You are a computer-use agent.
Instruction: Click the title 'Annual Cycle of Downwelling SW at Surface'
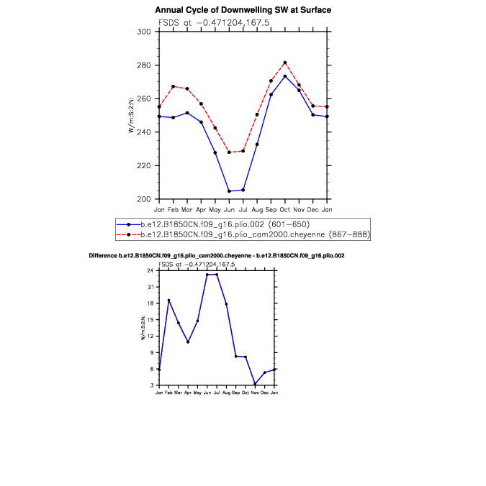[243, 10]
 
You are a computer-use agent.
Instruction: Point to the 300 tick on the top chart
[144, 32]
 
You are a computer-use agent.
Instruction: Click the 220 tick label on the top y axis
[144, 166]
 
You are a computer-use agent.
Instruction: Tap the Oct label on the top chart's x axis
[284, 209]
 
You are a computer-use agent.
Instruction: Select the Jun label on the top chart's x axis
[229, 209]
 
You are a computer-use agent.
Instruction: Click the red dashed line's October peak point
[285, 63]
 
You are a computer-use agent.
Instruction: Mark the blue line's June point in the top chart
[229, 191]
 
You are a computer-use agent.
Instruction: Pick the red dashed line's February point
[173, 86]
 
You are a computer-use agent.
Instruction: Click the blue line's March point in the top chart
[187, 113]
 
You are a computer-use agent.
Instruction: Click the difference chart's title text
[217, 256]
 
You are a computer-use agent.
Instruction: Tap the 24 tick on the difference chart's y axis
[151, 270]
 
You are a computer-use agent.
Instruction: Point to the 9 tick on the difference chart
[152, 352]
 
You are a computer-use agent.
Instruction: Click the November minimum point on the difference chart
[255, 385]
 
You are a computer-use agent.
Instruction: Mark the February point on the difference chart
[168, 301]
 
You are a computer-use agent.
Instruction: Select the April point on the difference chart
[188, 341]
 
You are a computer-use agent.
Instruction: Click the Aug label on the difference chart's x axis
[226, 393]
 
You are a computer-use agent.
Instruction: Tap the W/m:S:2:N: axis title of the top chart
[132, 116]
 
